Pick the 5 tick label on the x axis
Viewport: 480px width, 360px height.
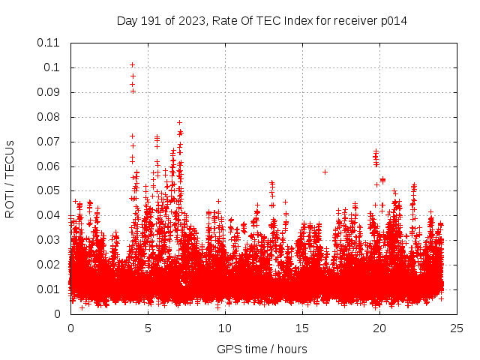[x=148, y=328]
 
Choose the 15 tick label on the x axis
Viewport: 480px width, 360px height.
[x=302, y=328]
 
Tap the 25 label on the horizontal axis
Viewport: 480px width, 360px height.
[x=457, y=328]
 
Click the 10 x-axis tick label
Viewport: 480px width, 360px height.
[x=225, y=328]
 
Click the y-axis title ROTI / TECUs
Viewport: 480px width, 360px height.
[x=10, y=178]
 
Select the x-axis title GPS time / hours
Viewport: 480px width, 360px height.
[x=262, y=349]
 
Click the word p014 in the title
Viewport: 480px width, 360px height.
[x=392, y=20]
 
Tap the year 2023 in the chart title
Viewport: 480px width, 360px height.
[x=192, y=20]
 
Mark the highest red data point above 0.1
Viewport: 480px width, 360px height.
[x=132, y=64]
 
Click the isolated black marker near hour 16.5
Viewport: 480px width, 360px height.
[x=325, y=172]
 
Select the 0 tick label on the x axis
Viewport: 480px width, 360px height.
[x=70, y=328]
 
